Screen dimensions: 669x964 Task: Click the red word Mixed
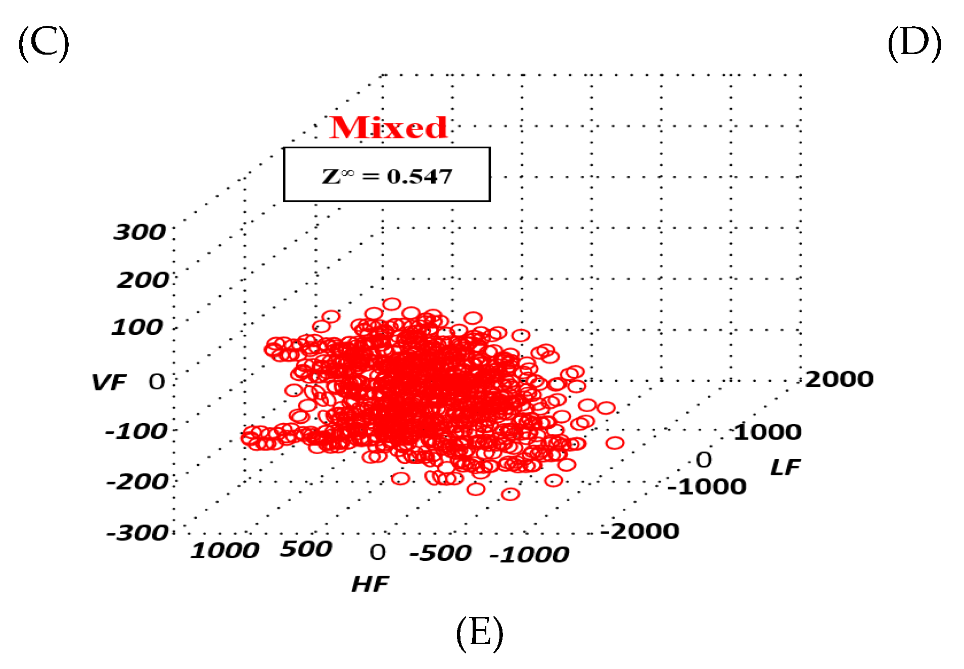click(x=388, y=127)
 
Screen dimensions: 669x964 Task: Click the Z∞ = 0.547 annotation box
click(x=387, y=175)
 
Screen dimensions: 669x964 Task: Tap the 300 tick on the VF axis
click(x=140, y=232)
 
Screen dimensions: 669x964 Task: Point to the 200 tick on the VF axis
click(x=143, y=280)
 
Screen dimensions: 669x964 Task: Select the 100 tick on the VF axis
click(x=137, y=327)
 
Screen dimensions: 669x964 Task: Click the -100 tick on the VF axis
click(x=136, y=431)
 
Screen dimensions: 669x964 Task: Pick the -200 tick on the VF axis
click(x=137, y=481)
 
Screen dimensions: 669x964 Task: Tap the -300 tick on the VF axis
click(x=137, y=533)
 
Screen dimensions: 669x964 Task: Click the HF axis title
click(x=370, y=584)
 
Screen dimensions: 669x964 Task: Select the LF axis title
click(x=785, y=467)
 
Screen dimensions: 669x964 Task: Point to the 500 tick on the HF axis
click(x=306, y=549)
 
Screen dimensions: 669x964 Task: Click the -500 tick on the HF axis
click(x=440, y=553)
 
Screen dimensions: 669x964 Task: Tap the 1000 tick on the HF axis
click(x=225, y=550)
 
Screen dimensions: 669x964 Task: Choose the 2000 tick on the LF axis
click(x=839, y=379)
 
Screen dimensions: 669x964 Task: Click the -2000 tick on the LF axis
click(x=640, y=531)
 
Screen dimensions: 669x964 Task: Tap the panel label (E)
click(x=479, y=633)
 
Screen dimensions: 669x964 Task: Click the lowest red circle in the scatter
click(x=510, y=494)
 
